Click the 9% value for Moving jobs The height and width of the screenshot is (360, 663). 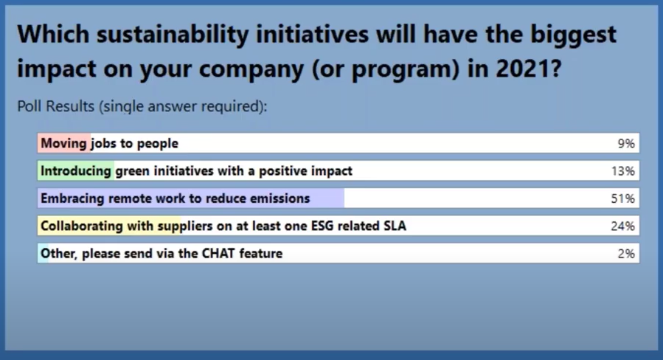coord(626,143)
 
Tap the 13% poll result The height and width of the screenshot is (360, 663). coord(623,171)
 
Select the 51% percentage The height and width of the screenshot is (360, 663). coord(623,198)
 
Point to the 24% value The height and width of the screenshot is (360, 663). coord(623,226)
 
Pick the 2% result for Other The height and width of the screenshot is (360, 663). coord(626,253)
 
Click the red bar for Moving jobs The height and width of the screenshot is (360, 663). coord(64,143)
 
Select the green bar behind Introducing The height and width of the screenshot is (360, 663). coord(76,171)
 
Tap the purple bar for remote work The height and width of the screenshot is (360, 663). coord(191,198)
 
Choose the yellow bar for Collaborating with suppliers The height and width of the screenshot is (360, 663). coord(109,226)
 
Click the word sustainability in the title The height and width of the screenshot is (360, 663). coord(173,35)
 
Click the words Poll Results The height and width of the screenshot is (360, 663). coord(55,106)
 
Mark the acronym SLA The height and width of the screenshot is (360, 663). coord(395,226)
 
